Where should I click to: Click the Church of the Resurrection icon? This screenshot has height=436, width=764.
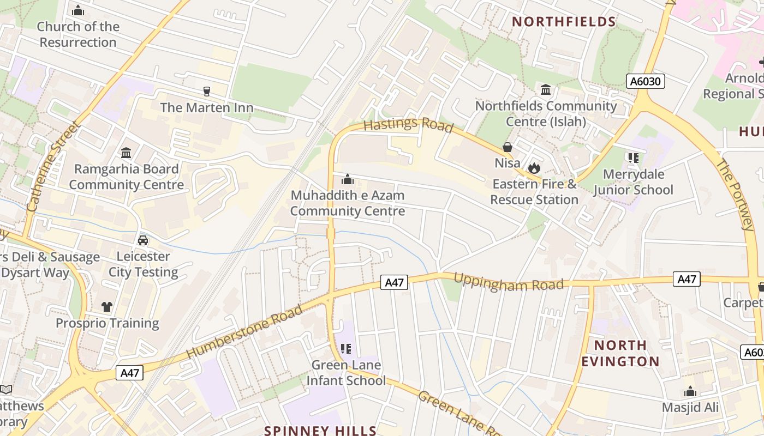pos(78,10)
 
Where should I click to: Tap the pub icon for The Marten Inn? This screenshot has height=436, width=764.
pos(206,91)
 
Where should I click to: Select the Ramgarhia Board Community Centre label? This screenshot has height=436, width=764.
pos(126,177)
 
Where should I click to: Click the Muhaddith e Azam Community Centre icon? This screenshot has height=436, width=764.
pos(348,179)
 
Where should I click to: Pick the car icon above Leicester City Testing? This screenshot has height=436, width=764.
pos(143,240)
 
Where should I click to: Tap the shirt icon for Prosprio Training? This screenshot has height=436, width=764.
pos(107,307)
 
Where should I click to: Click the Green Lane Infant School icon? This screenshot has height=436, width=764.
pos(345,348)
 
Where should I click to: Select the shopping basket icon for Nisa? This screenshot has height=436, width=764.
pos(508,147)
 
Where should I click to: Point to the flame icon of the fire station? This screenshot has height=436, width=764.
pos(534,168)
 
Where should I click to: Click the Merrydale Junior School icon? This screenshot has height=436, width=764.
pos(633,158)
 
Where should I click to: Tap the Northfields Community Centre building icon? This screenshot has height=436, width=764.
pos(545,89)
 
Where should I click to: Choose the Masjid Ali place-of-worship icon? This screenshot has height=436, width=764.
pos(690,391)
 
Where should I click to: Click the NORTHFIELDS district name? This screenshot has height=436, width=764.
pos(564,22)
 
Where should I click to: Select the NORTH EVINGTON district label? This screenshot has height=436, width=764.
pos(620,353)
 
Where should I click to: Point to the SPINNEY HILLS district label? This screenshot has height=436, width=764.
pos(320,431)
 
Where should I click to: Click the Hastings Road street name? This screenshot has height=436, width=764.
pos(408,125)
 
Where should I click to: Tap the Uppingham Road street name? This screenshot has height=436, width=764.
pos(508,282)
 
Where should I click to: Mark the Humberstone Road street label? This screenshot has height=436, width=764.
pos(244,332)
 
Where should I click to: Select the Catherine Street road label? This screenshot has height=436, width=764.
pos(53,166)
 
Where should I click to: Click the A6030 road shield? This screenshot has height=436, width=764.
pos(645,82)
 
